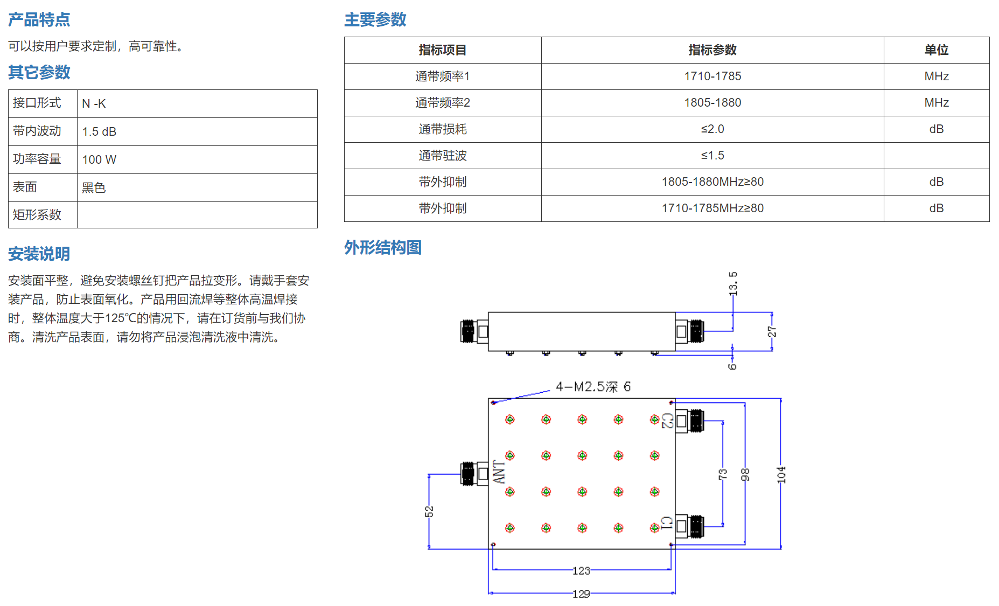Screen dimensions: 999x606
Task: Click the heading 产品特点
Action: [39, 20]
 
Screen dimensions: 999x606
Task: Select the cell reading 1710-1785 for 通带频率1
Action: [712, 76]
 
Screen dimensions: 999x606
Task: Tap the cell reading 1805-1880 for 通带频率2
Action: [712, 103]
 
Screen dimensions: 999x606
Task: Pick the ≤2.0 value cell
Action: [712, 129]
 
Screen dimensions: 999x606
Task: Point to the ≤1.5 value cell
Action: [712, 156]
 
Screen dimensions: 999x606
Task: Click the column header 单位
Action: [937, 50]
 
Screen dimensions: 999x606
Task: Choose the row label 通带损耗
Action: [443, 129]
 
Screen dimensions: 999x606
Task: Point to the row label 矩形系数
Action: [37, 215]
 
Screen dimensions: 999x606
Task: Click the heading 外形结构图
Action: [383, 248]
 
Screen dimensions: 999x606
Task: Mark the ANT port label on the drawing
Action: [499, 472]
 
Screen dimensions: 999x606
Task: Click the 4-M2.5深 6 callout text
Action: [593, 387]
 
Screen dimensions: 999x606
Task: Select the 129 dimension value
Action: [581, 594]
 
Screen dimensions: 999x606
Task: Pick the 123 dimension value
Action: [581, 571]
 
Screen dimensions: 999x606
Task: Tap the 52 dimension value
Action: [429, 511]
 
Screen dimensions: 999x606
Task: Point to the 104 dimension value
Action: [781, 475]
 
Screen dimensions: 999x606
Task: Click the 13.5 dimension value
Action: [733, 284]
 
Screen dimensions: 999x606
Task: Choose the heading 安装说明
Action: [39, 254]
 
